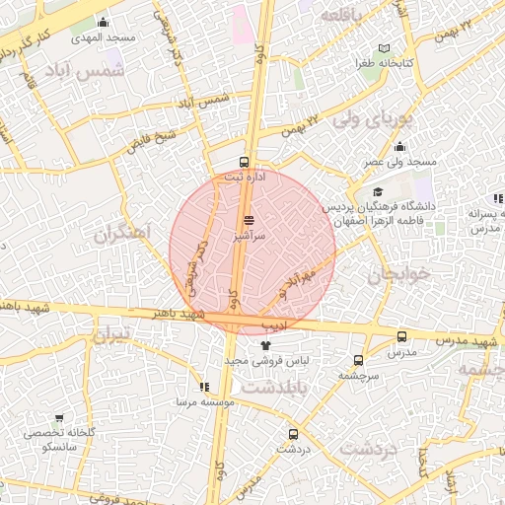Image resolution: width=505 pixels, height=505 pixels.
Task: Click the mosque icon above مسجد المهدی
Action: (x=104, y=22)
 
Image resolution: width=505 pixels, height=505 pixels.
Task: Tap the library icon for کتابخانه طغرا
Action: (x=385, y=48)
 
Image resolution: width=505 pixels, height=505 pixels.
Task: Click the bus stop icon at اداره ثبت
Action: (x=245, y=162)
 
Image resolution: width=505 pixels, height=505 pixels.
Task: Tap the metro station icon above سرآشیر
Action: (x=249, y=221)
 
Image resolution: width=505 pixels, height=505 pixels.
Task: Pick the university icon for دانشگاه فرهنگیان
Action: (x=378, y=192)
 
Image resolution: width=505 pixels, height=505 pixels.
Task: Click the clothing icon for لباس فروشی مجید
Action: (x=264, y=345)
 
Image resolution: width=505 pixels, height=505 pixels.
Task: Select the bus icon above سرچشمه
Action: (x=357, y=360)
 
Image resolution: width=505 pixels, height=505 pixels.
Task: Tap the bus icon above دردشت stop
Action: (x=293, y=433)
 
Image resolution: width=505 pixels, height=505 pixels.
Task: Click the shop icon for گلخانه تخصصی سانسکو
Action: (x=59, y=418)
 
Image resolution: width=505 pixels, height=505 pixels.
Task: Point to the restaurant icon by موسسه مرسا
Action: (x=204, y=388)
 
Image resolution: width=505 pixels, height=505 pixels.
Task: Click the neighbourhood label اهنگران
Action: (x=123, y=235)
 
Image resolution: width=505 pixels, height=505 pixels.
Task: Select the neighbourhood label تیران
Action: (x=111, y=335)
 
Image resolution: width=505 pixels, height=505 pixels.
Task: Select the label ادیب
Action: (x=273, y=324)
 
